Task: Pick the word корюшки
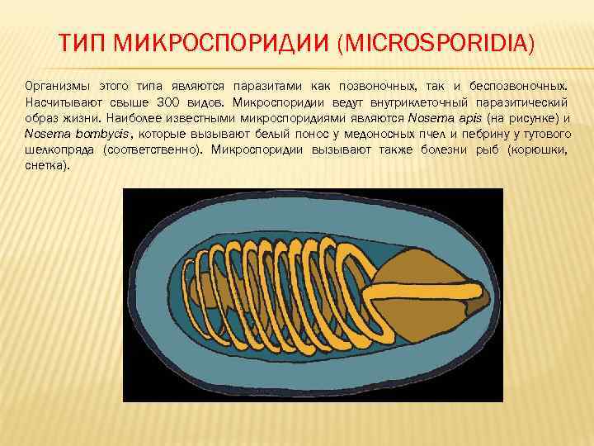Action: coord(538,149)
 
